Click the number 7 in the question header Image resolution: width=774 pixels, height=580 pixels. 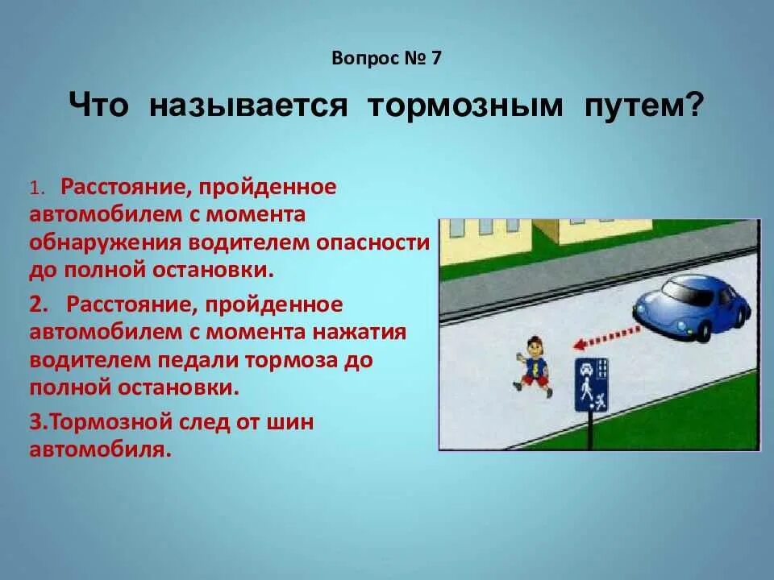point(436,58)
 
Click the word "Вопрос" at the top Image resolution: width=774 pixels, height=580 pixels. point(361,58)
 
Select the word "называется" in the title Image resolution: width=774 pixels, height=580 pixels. point(248,106)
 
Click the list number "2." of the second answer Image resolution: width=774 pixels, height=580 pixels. point(40,304)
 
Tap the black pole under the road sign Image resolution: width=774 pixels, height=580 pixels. point(590,430)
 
